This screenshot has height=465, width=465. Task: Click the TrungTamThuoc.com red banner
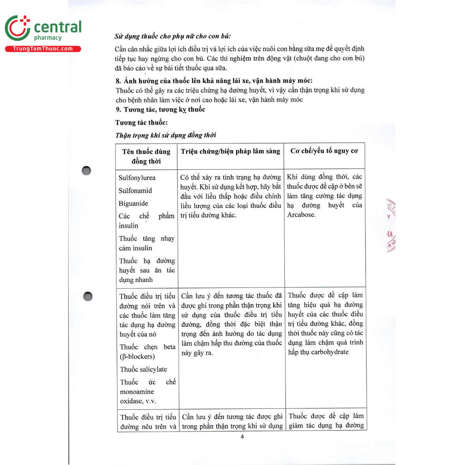[x=43, y=49]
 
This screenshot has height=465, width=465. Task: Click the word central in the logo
[x=58, y=27]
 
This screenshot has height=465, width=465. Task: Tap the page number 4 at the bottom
[x=242, y=437]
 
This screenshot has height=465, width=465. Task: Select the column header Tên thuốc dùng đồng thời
[x=146, y=156]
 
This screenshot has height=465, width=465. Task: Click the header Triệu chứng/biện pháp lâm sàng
[x=230, y=151]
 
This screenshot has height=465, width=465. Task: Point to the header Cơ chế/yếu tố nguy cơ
[x=324, y=151]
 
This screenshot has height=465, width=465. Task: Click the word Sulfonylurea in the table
[x=137, y=178]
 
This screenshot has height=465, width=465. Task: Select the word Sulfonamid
[x=135, y=191]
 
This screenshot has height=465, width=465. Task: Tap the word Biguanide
[x=133, y=203]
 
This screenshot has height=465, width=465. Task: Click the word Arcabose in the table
[x=301, y=215]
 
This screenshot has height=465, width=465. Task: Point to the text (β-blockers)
[x=137, y=356]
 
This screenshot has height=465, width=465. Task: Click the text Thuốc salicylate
[x=143, y=369]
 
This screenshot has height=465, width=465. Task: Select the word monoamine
[x=137, y=392]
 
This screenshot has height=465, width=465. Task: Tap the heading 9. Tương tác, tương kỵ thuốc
[x=160, y=110]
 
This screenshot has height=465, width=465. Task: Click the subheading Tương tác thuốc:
[x=141, y=123]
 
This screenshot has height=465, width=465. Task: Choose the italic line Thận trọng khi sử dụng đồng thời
[x=165, y=135]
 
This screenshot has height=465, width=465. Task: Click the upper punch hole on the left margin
[x=86, y=170]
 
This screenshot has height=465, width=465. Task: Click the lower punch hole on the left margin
[x=88, y=296]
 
